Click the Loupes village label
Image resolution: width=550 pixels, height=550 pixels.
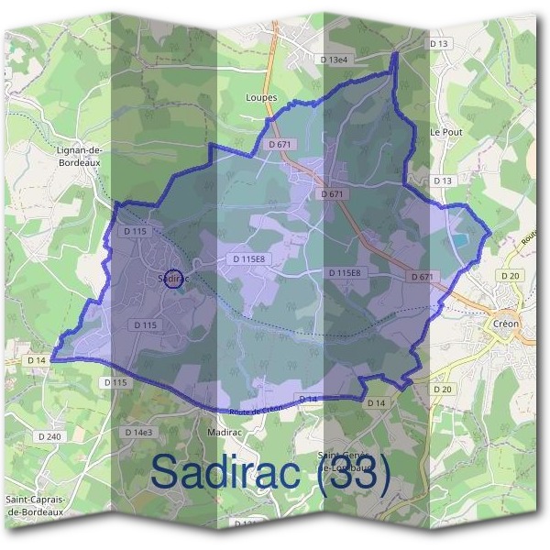[x=261, y=97]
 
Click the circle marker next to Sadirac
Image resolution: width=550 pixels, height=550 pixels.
[x=171, y=280]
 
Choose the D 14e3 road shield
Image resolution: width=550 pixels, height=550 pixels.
[x=139, y=432]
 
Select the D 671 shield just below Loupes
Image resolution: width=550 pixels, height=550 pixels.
[x=280, y=146]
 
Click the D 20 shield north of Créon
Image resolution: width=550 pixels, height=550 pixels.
[x=511, y=275]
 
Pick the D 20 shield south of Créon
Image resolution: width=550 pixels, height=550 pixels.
[x=443, y=390]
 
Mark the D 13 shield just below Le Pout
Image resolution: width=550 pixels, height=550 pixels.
[x=443, y=181]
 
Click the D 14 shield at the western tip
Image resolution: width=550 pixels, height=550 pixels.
[x=37, y=361]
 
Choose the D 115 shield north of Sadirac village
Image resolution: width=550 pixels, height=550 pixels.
[x=134, y=232]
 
